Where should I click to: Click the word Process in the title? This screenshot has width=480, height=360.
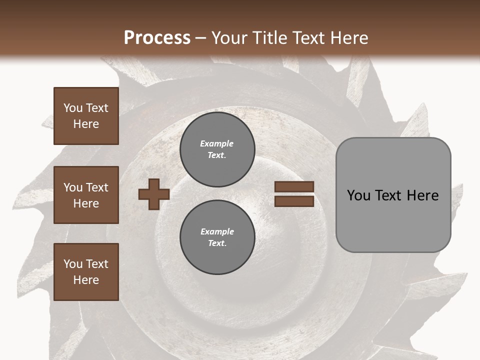pyautogui.click(x=157, y=38)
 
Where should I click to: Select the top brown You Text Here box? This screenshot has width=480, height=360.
pyautogui.click(x=86, y=116)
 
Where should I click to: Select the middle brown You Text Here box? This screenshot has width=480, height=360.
pyautogui.click(x=86, y=195)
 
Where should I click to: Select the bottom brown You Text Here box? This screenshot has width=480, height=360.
pyautogui.click(x=86, y=272)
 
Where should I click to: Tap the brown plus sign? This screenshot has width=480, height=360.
pyautogui.click(x=153, y=194)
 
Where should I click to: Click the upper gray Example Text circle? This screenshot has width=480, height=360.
pyautogui.click(x=217, y=149)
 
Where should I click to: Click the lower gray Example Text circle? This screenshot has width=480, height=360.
pyautogui.click(x=217, y=237)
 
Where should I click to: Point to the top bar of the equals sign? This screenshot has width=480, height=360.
pyautogui.click(x=294, y=187)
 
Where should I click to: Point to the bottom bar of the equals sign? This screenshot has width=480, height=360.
pyautogui.click(x=294, y=201)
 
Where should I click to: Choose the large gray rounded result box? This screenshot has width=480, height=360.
pyautogui.click(x=393, y=195)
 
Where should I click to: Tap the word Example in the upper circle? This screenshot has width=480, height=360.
pyautogui.click(x=217, y=143)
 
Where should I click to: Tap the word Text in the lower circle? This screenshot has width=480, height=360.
pyautogui.click(x=217, y=243)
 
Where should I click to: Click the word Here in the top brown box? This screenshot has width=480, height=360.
pyautogui.click(x=86, y=124)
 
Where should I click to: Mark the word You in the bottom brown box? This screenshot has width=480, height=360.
pyautogui.click(x=72, y=264)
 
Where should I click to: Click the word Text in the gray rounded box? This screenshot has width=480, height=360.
pyautogui.click(x=391, y=195)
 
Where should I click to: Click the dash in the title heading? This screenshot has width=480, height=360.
pyautogui.click(x=201, y=38)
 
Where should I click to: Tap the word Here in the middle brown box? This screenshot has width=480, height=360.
pyautogui.click(x=86, y=203)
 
